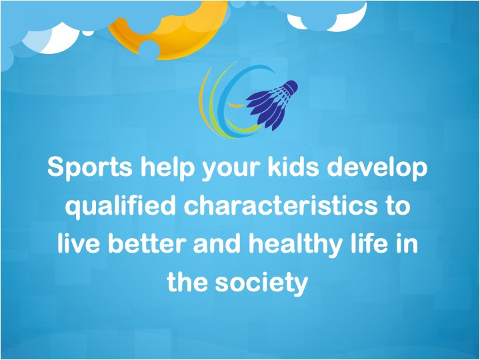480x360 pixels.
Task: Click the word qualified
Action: tap(119, 207)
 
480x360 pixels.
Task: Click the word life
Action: tap(377, 245)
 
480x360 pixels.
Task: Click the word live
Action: tap(77, 245)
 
